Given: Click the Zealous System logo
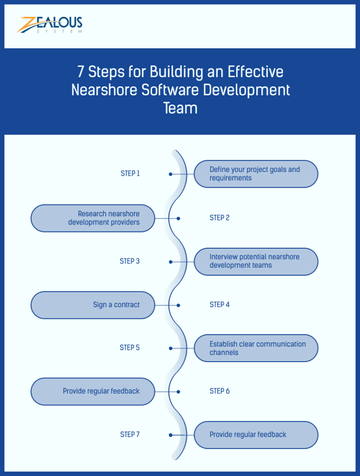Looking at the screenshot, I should point(50,25).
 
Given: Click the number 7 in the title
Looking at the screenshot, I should point(81,72).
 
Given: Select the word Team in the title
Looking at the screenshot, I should point(180,108).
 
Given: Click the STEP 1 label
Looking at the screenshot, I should point(130,173).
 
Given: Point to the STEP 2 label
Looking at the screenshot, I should point(220,218).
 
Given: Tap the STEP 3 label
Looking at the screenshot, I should point(130,261).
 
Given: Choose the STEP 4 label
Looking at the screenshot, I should point(220,304).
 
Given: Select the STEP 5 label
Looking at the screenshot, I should point(130,348).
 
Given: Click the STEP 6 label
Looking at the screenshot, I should point(220,391).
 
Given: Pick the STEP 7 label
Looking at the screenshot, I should point(130,435).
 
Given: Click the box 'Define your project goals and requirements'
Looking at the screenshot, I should point(256,174).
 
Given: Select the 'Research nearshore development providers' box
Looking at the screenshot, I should point(93,218).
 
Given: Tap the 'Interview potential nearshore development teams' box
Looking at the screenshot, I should point(256,261).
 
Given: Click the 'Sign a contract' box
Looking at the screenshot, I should point(93,305).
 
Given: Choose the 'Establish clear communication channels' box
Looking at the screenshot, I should point(256,348).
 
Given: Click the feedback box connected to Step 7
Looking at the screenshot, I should point(256,435).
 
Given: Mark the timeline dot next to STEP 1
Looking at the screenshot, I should point(171,174).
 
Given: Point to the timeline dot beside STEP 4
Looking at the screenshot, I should point(178,305).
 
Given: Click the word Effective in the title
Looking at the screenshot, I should point(255,72).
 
